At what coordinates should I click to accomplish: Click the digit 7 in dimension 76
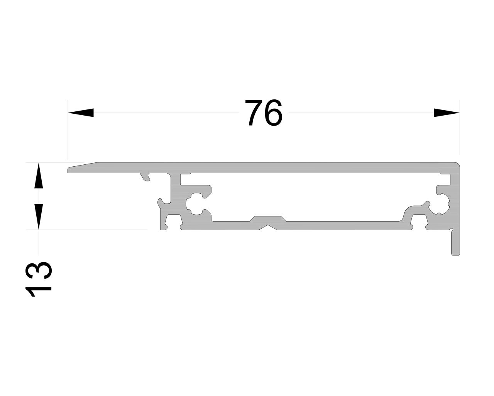(254, 113)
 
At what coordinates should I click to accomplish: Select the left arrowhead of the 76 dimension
(81, 113)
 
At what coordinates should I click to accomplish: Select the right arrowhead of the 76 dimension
(447, 113)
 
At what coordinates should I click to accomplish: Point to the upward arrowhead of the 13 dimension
(38, 176)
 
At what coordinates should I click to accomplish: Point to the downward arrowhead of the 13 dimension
(38, 217)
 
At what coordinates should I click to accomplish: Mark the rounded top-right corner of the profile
(458, 165)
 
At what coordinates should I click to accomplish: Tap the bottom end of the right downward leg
(455, 254)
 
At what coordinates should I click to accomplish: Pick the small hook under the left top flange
(145, 178)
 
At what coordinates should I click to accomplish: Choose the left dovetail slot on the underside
(173, 223)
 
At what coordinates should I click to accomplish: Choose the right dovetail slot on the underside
(419, 223)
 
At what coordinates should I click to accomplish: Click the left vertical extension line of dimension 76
(68, 131)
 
